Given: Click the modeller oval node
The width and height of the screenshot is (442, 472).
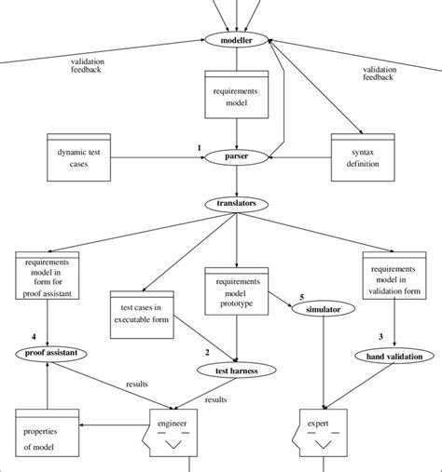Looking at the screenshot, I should tap(236, 42).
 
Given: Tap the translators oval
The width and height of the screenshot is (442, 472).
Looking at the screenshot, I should tap(236, 202).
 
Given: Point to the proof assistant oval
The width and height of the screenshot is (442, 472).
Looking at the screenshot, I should tap(48, 353).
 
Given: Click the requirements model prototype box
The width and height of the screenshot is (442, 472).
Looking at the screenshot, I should tap(236, 290).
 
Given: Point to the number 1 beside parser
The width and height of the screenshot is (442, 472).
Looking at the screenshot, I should tap(199, 147).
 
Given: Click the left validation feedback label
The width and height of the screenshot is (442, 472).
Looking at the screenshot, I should tap(87, 65).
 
